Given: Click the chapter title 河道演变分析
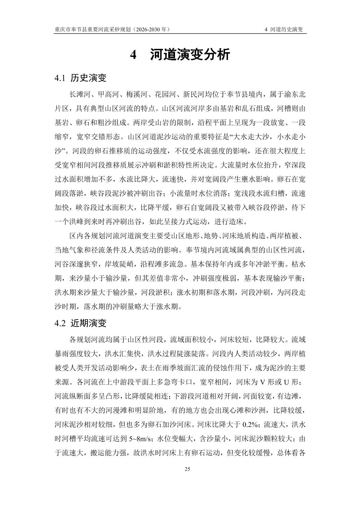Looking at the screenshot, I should coord(190,55).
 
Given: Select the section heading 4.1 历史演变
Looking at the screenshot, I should coord(80,78).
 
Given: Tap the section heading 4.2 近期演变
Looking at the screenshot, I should coord(80,323).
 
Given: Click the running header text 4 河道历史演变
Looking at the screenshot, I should coord(284,29).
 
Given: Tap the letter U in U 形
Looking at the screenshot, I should coord(286,383).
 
